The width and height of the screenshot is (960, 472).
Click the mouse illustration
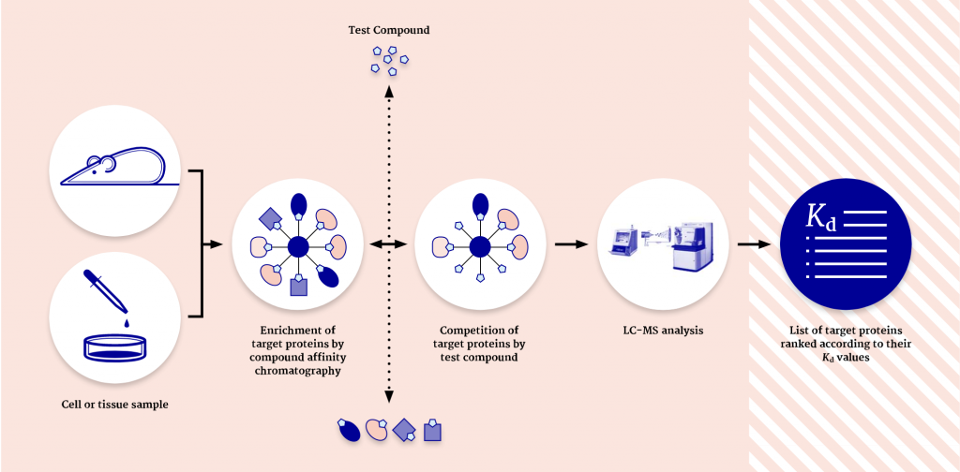pyautogui.click(x=113, y=170)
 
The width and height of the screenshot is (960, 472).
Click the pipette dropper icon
pyautogui.click(x=106, y=290)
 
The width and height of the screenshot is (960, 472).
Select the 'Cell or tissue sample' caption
pyautogui.click(x=114, y=405)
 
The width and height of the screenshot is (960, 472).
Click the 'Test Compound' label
pyautogui.click(x=389, y=29)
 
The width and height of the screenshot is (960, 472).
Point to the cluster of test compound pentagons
pyautogui.click(x=390, y=60)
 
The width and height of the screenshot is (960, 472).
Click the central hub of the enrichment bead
pyautogui.click(x=298, y=245)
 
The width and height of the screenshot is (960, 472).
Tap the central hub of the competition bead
pyautogui.click(x=480, y=245)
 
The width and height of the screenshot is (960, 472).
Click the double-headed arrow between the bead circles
pyautogui.click(x=389, y=244)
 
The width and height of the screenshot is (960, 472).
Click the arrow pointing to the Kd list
pyautogui.click(x=754, y=244)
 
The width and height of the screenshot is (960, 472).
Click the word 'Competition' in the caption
pyautogui.click(x=472, y=331)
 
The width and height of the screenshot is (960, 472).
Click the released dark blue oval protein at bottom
pyautogui.click(x=349, y=429)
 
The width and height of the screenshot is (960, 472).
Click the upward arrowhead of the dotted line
pyautogui.click(x=389, y=90)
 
